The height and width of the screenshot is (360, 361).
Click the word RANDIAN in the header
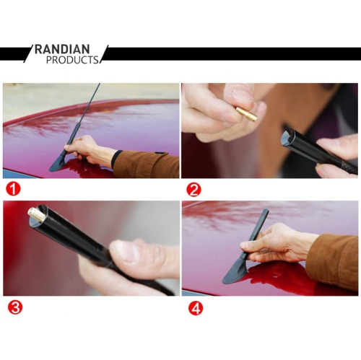tap(62, 49)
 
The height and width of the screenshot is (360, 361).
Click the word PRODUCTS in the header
tap(72, 60)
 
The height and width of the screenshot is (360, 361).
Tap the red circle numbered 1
tap(13, 188)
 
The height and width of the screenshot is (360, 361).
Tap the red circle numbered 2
tap(193, 190)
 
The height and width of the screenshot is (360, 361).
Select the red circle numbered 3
tap(15, 307)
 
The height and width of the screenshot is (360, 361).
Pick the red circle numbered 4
tap(196, 308)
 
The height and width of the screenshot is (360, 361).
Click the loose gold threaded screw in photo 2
tap(247, 113)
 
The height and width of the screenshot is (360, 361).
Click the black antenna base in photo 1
tap(59, 164)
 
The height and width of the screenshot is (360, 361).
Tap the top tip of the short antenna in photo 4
tap(266, 210)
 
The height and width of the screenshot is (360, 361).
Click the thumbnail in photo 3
tap(124, 252)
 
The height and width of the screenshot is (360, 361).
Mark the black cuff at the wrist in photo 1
tap(116, 159)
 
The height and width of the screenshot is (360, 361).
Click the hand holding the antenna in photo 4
tap(277, 243)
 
